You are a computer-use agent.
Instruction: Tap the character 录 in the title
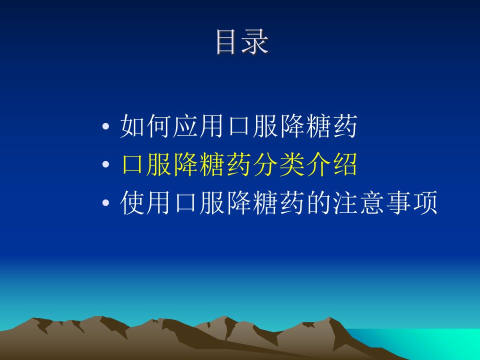(x=255, y=42)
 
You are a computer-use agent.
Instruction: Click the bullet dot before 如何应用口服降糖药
(x=105, y=126)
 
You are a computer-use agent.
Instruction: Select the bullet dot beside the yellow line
(x=105, y=164)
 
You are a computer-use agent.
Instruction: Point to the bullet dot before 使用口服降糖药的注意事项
(x=105, y=202)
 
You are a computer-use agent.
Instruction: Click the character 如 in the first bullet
(x=132, y=126)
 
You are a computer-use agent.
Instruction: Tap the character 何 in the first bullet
(x=158, y=126)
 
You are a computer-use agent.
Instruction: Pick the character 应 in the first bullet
(x=185, y=126)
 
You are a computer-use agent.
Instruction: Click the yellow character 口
(x=132, y=164)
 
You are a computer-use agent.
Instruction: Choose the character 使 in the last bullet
(x=132, y=202)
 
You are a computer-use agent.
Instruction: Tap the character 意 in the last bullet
(x=371, y=202)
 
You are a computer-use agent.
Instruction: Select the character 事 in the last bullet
(x=398, y=202)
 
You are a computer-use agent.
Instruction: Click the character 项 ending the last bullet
(x=425, y=202)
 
